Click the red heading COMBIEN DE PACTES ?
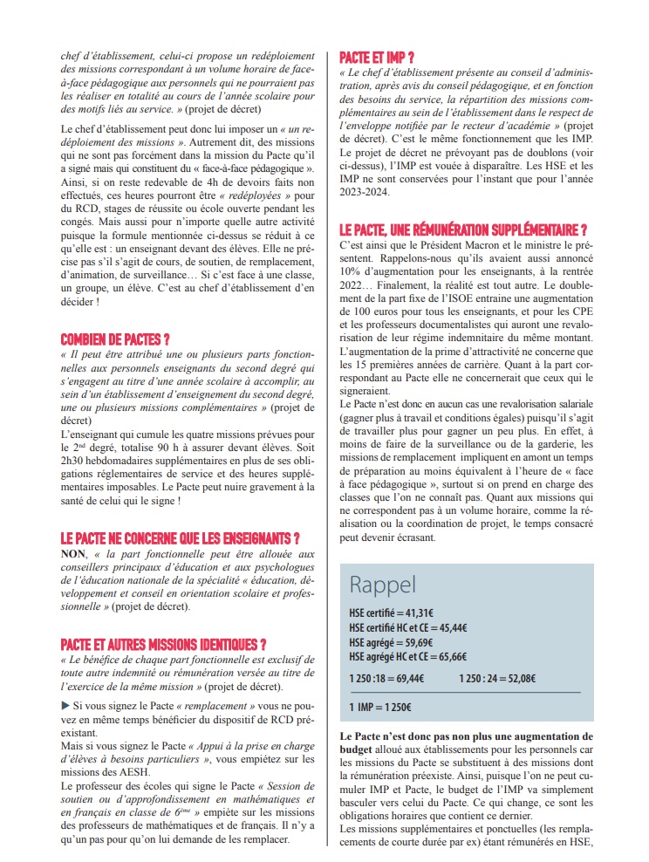pos(115,338)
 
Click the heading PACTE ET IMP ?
pos(377,58)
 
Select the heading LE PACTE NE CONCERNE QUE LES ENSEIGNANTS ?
pos(181,537)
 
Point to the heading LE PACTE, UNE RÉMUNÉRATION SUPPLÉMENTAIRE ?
pos(462,230)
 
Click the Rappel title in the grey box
pos(383,583)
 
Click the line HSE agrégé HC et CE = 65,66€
pos(407,656)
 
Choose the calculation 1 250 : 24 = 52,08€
pos(497,678)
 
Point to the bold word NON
pos(74,554)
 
